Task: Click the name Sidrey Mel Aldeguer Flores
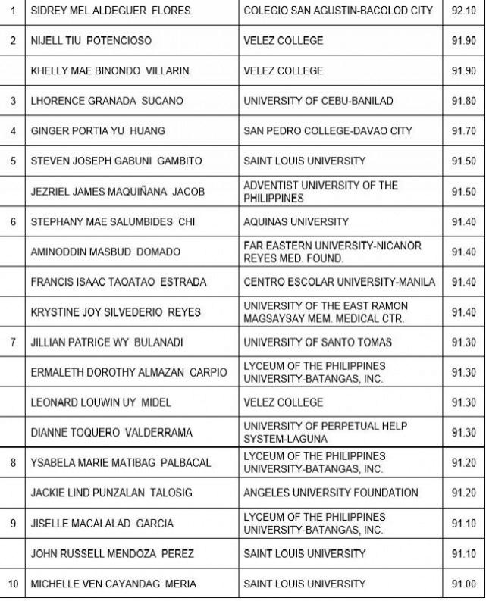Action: [110, 11]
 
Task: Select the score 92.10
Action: [463, 11]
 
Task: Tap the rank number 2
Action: [13, 40]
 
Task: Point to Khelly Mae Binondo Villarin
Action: [109, 70]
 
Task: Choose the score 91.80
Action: [463, 101]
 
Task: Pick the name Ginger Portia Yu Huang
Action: [97, 131]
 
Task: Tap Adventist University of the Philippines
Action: [321, 192]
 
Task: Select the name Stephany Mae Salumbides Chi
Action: [113, 222]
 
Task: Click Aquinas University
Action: [296, 222]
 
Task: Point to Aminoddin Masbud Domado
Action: [105, 252]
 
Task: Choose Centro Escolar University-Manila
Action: [340, 282]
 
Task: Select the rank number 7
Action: [13, 343]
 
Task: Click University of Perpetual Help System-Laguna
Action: [325, 433]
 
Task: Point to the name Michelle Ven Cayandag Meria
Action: [113, 584]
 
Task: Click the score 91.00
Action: [463, 584]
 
